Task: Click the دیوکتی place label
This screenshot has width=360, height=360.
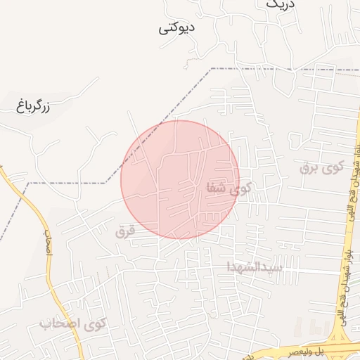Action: point(176,29)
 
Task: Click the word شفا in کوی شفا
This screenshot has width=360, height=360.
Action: point(215,188)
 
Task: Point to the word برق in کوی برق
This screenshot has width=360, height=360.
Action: point(309,169)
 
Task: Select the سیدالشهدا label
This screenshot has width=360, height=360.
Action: point(254,267)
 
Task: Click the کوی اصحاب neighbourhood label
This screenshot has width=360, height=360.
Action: point(72,324)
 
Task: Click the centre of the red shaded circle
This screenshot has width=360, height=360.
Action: point(180,179)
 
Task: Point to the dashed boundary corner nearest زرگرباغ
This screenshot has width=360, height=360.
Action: point(29,183)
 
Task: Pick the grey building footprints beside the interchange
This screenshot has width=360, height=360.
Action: point(309,328)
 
